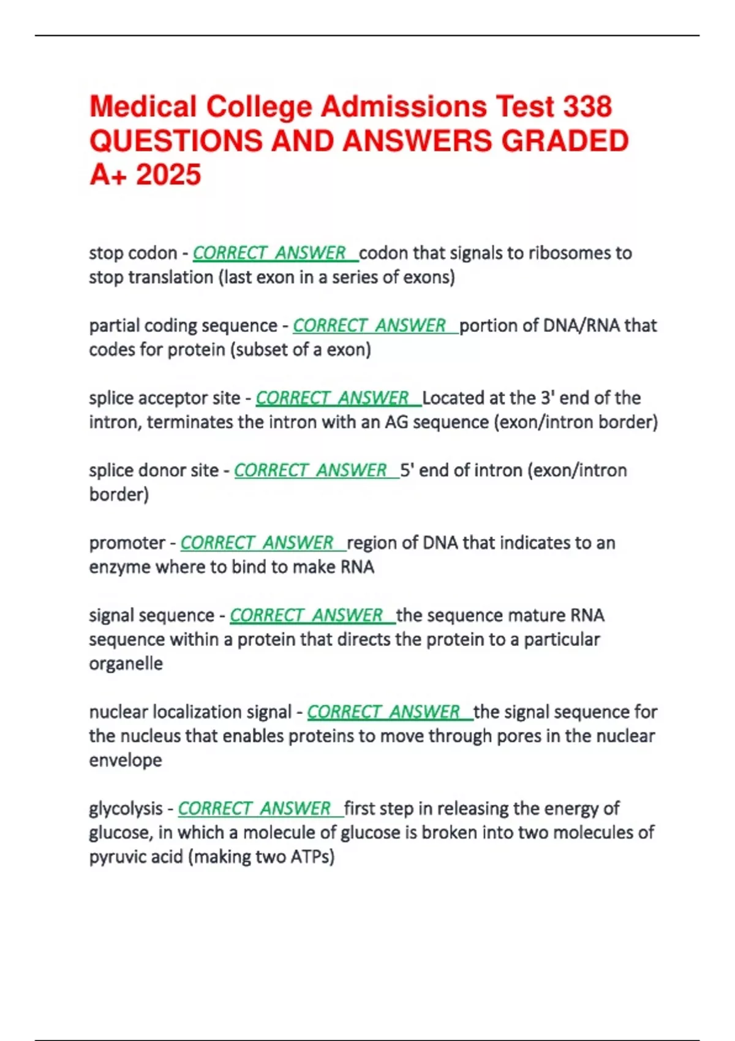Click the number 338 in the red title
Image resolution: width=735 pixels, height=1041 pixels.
pyautogui.click(x=587, y=107)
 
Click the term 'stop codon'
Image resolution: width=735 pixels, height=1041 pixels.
pyautogui.click(x=133, y=253)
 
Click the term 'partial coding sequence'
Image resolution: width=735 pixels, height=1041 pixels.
pyautogui.click(x=183, y=325)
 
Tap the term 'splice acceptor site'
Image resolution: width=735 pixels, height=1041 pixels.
pyautogui.click(x=164, y=398)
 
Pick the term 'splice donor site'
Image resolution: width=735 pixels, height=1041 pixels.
pyautogui.click(x=154, y=470)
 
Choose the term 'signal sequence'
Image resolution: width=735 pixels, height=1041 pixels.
pyautogui.click(x=151, y=615)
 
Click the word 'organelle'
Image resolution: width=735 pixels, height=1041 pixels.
pyautogui.click(x=126, y=663)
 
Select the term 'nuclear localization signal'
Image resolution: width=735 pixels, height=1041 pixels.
pyautogui.click(x=190, y=712)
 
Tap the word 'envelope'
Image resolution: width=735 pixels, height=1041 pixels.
pyautogui.click(x=126, y=760)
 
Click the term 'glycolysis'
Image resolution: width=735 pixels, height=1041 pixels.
pyautogui.click(x=126, y=808)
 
